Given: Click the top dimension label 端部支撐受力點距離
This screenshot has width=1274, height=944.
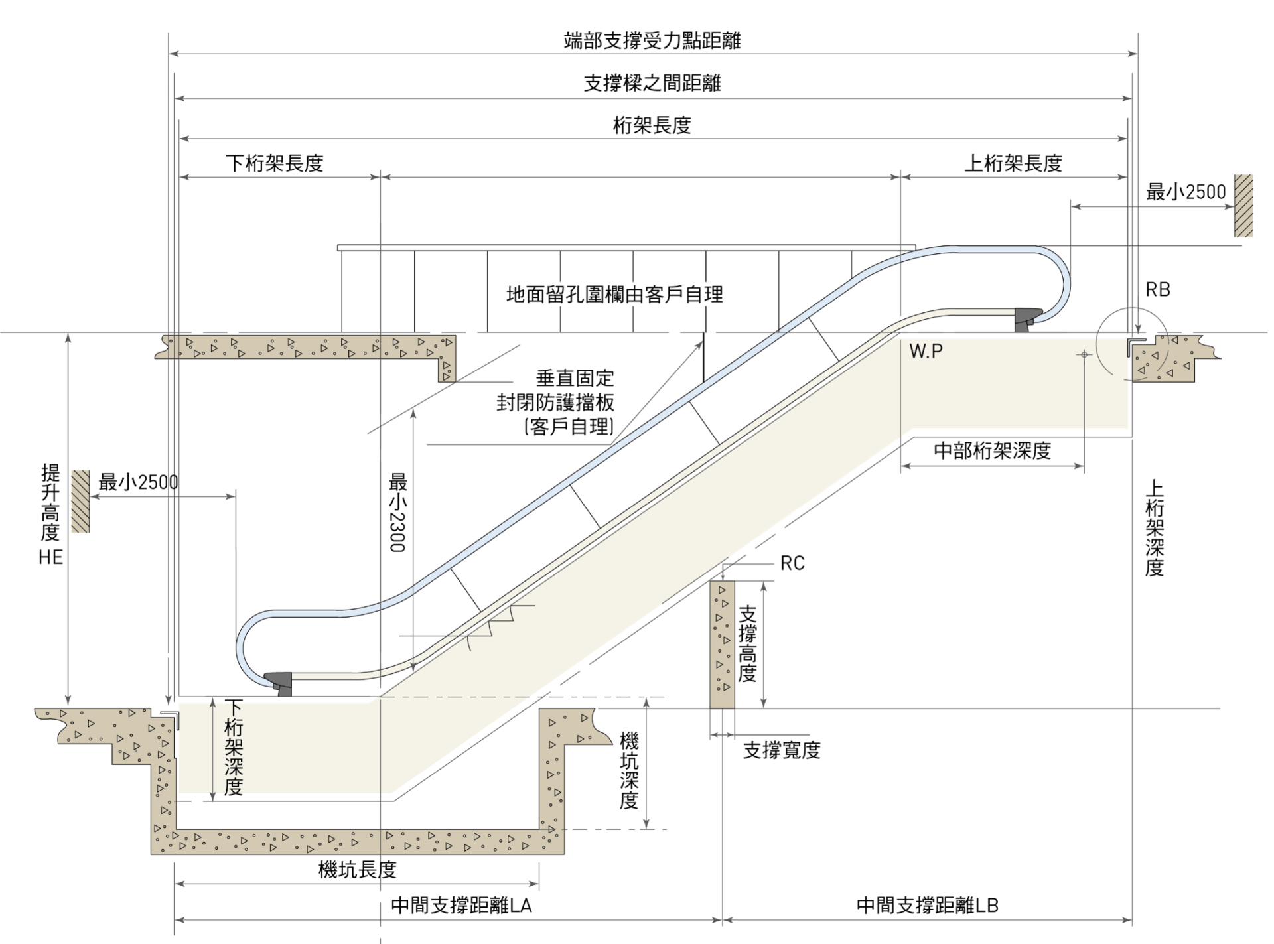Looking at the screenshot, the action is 652,40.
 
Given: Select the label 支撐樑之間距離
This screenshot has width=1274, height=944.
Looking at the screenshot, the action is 652,83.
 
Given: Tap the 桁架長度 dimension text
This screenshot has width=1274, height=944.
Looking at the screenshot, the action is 652,125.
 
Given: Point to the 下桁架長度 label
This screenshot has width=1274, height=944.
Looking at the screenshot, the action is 274,163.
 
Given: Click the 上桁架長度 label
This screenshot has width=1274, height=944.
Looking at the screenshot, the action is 1013,163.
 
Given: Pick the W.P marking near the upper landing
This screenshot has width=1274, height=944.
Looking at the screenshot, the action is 926,351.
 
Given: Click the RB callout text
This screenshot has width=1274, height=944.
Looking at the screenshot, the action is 1158,289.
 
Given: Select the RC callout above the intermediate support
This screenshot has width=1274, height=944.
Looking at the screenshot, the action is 792,563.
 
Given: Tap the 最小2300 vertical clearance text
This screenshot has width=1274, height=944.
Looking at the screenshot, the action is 397,511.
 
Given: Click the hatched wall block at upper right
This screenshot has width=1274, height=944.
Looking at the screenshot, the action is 1243,206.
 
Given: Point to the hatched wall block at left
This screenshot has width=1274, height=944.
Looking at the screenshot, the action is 80,502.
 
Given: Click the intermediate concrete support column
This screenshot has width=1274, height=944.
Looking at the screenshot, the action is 722,645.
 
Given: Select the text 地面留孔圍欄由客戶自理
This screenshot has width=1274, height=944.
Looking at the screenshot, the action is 614,294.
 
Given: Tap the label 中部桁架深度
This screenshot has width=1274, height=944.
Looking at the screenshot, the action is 992,451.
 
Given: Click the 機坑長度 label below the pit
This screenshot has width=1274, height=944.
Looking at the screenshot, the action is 357,869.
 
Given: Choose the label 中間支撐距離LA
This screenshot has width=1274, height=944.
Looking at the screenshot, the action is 461,906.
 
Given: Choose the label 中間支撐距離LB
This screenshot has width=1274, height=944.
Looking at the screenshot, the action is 927,906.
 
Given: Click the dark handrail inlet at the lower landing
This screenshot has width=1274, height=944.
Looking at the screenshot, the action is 279,683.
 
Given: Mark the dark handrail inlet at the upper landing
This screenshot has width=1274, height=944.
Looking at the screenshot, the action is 1028,320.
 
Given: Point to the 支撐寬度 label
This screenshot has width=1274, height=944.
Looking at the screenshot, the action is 782,750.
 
